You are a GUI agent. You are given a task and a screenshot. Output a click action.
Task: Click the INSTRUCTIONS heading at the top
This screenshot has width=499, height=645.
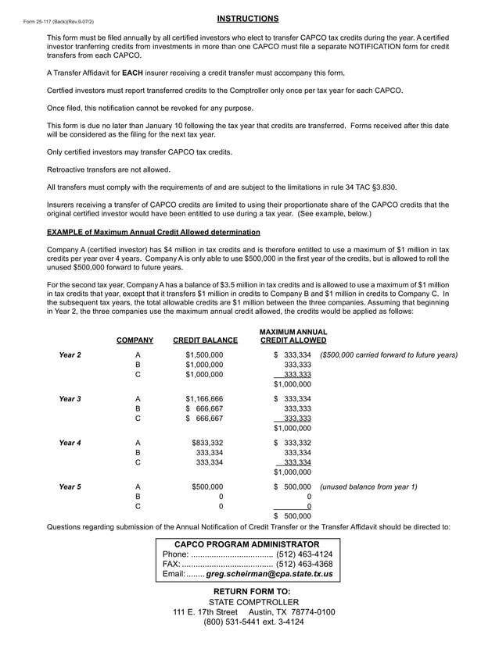point(247,18)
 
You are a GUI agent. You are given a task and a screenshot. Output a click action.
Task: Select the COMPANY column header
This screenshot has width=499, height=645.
point(135,340)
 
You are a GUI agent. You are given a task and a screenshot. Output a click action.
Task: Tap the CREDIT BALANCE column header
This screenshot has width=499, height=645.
point(205,340)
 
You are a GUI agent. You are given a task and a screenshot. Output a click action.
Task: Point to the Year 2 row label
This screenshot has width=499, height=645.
point(70,355)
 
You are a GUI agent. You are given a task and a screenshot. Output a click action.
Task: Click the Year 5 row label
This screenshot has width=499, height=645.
point(70,487)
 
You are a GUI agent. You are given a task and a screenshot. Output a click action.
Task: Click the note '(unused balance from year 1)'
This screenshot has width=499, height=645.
point(368,487)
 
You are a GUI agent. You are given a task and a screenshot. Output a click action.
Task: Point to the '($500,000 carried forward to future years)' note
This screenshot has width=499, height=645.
point(389,355)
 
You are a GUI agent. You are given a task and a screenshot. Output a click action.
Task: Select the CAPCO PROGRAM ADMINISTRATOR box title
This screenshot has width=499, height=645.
point(246,543)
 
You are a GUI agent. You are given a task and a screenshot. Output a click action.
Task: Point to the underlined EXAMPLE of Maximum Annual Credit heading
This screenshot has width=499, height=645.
point(153,232)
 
